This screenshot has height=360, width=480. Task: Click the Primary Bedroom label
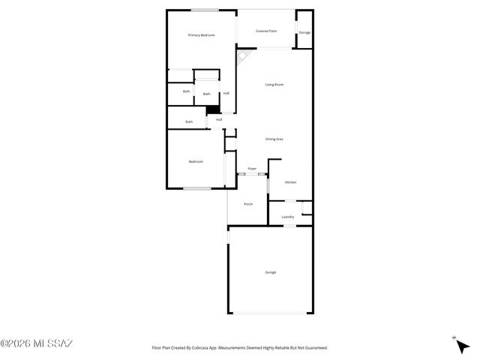(201, 35)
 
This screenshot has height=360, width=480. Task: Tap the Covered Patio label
(265, 31)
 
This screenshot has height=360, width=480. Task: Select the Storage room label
(304, 33)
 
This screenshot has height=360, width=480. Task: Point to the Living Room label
(274, 85)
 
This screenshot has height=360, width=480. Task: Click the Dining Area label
(274, 139)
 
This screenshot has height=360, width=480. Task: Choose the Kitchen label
(290, 183)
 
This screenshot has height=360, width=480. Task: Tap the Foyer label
(252, 169)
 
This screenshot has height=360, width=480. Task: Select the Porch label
(248, 204)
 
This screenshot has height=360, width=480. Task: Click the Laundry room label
(287, 217)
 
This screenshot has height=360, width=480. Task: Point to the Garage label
(270, 271)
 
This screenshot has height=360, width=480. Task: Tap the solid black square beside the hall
(211, 110)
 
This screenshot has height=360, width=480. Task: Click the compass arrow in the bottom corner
(461, 345)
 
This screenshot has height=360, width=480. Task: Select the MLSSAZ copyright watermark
(37, 344)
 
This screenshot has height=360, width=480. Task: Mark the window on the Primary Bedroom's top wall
(204, 10)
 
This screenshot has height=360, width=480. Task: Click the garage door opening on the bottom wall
(270, 313)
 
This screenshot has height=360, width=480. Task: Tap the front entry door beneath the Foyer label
(252, 175)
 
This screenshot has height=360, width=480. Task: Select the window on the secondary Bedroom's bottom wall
(196, 188)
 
